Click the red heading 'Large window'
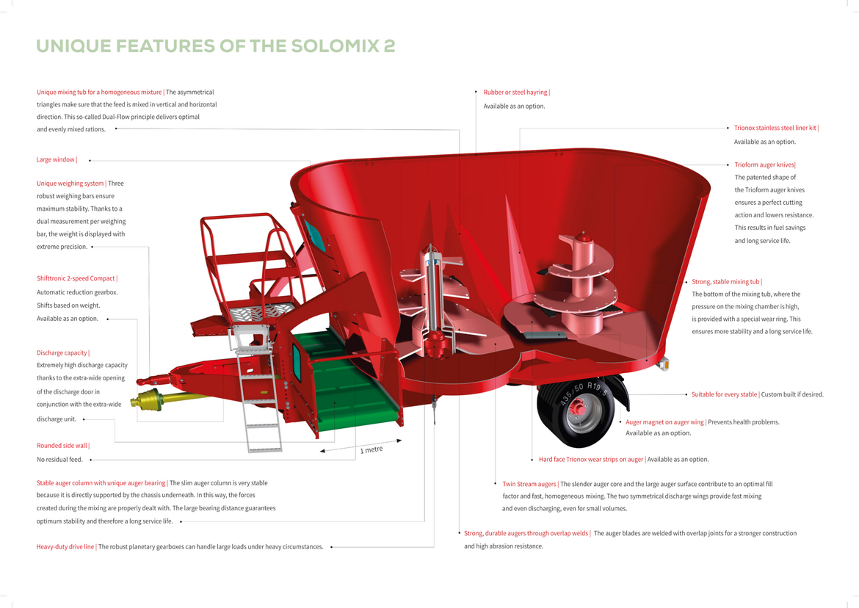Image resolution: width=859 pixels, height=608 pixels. click(55, 159)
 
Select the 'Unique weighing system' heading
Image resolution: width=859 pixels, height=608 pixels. click(70, 184)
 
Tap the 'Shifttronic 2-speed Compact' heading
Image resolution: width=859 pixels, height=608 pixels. click(76, 278)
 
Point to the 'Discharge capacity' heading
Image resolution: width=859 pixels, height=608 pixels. click(62, 352)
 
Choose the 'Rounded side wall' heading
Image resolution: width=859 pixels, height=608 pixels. click(62, 445)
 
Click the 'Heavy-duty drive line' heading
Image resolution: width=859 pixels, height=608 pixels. click(65, 546)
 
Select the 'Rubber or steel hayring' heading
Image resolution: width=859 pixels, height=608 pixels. click(515, 92)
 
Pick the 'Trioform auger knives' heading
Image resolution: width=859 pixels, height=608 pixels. click(764, 164)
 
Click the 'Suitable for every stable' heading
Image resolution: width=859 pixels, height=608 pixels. click(724, 394)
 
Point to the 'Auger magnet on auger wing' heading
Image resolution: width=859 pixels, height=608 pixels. click(664, 421)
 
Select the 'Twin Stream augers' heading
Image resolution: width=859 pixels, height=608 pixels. click(529, 484)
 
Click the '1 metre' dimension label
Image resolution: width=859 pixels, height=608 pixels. click(371, 449)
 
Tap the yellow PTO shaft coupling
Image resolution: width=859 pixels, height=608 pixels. click(147, 399)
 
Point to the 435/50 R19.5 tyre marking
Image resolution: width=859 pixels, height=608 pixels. click(583, 391)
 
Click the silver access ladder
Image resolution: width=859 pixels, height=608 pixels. click(257, 389)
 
